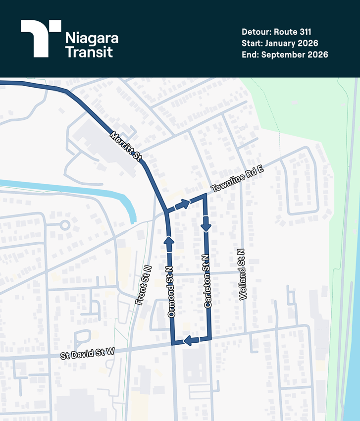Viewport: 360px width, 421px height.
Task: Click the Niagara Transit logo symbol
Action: [41, 38]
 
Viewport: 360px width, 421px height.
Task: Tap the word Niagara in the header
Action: [92, 38]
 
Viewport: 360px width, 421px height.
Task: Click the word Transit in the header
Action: [89, 52]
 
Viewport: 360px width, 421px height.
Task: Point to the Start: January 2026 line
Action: [280, 43]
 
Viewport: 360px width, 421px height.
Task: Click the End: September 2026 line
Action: [285, 54]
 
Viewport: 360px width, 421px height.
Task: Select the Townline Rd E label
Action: [237, 179]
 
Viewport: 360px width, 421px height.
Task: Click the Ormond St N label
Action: [171, 292]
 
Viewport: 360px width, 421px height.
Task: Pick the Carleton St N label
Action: [207, 281]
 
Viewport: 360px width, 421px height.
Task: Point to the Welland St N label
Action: [242, 274]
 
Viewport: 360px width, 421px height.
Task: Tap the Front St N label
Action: [143, 285]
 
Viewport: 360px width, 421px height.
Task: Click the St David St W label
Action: [88, 353]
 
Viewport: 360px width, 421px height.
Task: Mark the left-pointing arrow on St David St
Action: [191, 340]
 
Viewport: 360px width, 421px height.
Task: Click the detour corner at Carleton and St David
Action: [209, 339]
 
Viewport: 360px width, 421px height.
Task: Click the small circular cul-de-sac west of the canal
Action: [64, 225]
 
